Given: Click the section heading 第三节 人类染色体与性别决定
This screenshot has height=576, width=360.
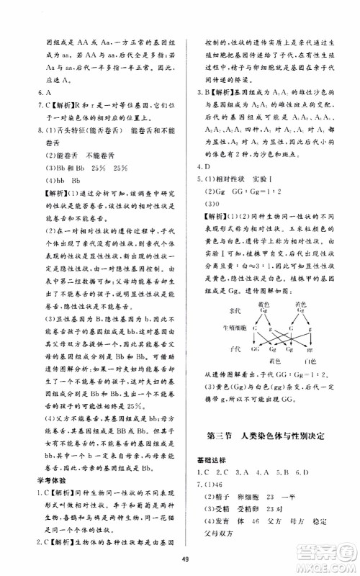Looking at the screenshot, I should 268,433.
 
